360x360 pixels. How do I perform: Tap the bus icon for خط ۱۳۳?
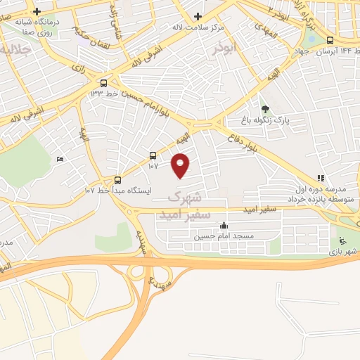point(104,82)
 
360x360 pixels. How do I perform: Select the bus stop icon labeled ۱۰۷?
point(153,155)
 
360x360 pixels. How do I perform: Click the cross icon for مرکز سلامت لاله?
point(198,16)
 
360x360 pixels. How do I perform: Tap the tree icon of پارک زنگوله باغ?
point(265,109)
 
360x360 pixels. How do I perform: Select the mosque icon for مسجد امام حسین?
point(224,226)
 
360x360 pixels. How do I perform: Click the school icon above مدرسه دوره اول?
point(321,179)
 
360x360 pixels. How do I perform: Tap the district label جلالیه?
point(14,51)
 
